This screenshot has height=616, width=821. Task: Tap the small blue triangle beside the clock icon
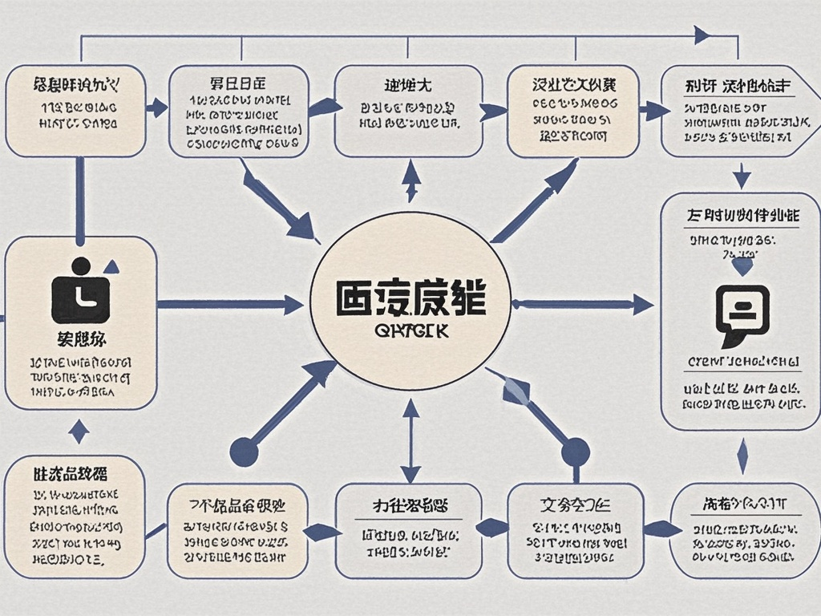(111, 266)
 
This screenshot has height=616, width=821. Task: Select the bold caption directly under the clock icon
(80, 337)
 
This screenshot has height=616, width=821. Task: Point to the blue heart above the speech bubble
(743, 266)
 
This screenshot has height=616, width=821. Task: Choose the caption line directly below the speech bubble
(742, 363)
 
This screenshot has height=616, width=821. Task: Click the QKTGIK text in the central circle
(411, 330)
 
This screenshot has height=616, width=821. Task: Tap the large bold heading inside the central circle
(410, 299)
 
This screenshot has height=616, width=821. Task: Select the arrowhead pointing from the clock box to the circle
(293, 304)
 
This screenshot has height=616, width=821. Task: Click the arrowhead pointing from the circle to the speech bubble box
(642, 304)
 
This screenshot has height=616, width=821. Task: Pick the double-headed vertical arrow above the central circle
(411, 180)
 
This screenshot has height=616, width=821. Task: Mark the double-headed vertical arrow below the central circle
(411, 440)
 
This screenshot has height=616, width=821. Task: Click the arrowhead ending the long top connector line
(702, 34)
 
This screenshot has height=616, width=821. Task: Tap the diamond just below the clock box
(79, 432)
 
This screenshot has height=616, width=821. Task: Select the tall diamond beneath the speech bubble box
(742, 456)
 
